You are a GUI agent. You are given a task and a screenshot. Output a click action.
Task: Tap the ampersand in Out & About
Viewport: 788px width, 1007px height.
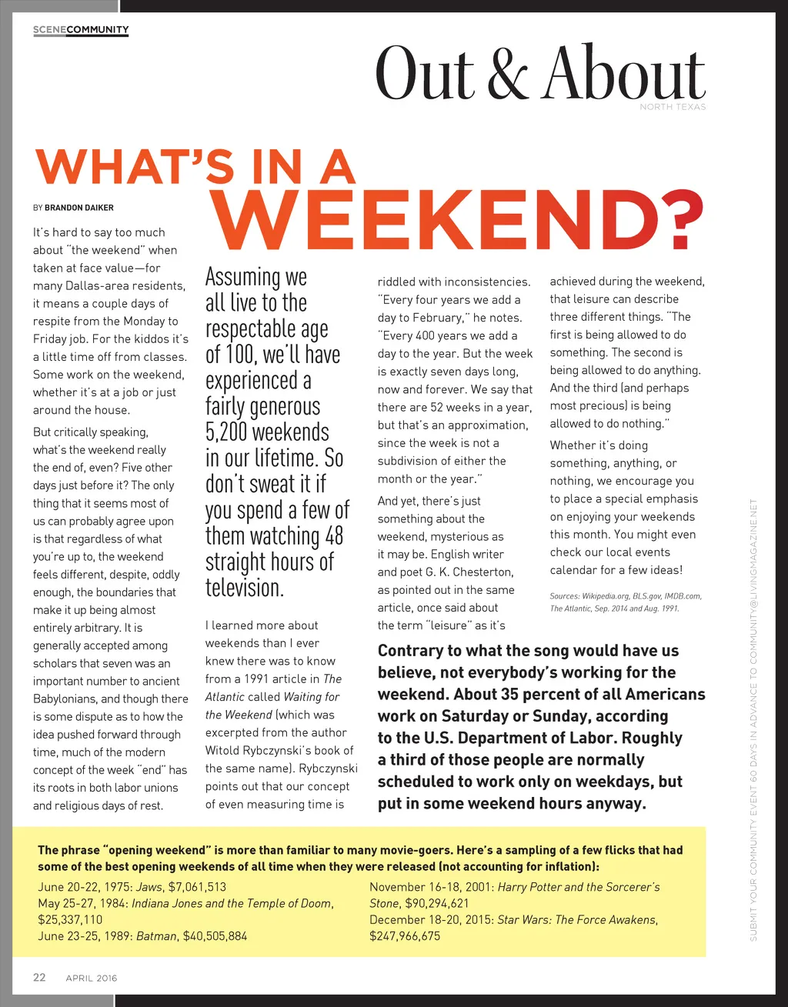[x=507, y=75]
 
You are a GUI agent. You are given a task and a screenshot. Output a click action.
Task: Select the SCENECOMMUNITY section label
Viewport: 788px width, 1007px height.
[x=81, y=30]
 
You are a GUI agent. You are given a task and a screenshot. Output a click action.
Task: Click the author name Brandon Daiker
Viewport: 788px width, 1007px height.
[x=79, y=208]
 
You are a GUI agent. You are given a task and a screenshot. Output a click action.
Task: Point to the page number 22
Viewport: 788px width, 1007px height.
[x=39, y=977]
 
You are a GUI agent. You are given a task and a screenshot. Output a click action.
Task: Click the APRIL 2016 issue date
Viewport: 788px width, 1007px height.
[x=92, y=978]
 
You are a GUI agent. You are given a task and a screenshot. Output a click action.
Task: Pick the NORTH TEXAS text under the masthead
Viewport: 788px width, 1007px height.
[x=672, y=107]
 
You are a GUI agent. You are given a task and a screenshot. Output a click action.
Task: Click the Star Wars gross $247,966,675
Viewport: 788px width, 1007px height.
[x=405, y=936]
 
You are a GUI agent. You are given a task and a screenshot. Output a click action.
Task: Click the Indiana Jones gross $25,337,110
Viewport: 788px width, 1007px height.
[x=70, y=919]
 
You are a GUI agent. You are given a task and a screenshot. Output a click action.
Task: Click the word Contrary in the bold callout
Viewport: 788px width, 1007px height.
[x=412, y=651]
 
